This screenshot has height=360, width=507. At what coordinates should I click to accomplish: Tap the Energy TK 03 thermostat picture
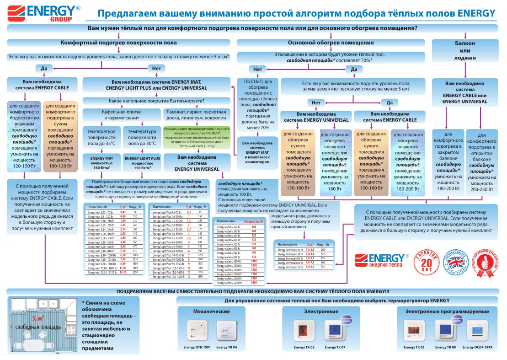[414, 329]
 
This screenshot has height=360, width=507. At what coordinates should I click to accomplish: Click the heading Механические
[211, 312]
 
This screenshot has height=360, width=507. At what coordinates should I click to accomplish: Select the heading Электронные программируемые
[447, 312]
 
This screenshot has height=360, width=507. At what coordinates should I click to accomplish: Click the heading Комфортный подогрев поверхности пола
[118, 43]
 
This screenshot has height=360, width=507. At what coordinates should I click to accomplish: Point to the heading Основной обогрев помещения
[331, 43]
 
